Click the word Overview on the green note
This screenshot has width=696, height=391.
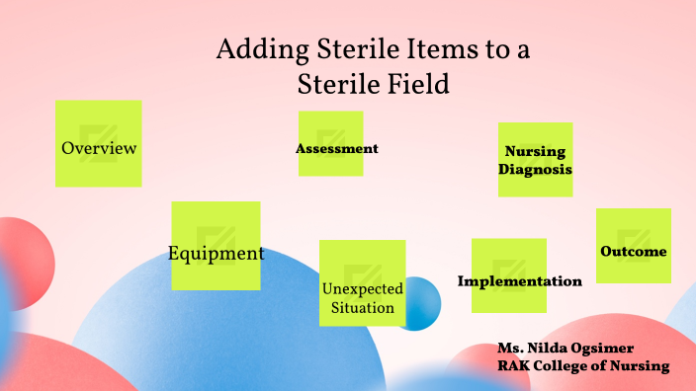(99, 148)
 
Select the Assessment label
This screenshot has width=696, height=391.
(336, 149)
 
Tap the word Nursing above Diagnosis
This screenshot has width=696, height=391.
(535, 152)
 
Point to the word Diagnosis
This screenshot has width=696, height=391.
(535, 169)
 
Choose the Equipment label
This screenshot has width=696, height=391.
(216, 253)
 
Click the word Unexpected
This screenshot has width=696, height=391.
(362, 288)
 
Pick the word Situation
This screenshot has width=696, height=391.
(362, 308)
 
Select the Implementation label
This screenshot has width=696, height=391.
(519, 281)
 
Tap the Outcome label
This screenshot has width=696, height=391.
(633, 252)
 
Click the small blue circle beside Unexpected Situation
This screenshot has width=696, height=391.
(419, 304)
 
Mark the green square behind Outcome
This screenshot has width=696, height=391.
(633, 227)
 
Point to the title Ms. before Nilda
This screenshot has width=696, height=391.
(511, 349)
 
